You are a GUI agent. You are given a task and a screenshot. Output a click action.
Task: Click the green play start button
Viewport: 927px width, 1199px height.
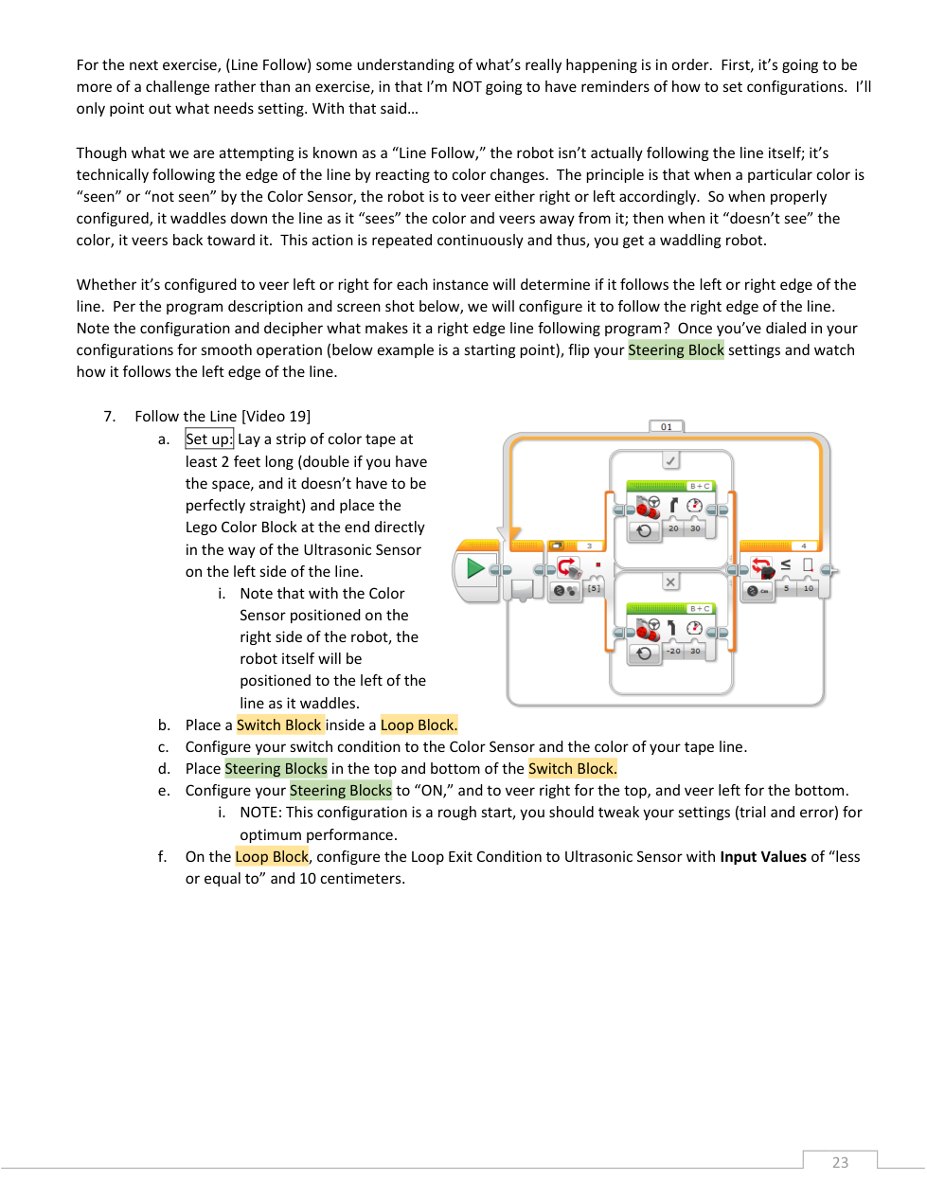coord(475,568)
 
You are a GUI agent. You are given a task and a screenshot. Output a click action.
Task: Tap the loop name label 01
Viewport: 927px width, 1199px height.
coord(667,427)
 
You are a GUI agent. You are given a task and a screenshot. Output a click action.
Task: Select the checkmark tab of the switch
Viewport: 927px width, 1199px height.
coord(670,460)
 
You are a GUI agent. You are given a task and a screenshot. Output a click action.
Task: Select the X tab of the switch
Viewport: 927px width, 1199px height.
coord(670,582)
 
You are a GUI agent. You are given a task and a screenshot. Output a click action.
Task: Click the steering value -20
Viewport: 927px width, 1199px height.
coord(673,652)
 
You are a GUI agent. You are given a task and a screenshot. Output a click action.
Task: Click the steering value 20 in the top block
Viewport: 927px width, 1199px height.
coord(673,528)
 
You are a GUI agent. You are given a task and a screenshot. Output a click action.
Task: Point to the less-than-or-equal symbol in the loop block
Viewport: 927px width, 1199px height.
coord(786,564)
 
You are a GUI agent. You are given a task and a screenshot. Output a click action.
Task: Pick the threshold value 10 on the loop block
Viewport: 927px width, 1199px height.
coord(809,588)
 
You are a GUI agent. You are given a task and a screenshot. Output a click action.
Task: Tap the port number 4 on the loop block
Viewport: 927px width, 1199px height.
coord(804,546)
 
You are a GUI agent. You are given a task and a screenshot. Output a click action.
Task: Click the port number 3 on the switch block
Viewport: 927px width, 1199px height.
coord(589,546)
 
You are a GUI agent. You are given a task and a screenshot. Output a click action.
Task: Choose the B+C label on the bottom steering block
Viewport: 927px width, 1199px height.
coord(700,609)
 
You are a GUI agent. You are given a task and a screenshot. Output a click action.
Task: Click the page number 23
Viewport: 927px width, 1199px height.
coord(840,1162)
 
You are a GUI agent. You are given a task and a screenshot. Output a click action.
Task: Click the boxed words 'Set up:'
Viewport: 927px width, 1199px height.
coord(209,438)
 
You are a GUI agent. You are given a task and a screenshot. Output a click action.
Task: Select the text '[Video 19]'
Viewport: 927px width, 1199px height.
coord(276,416)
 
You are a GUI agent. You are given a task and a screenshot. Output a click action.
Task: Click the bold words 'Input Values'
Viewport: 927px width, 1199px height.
coord(763,856)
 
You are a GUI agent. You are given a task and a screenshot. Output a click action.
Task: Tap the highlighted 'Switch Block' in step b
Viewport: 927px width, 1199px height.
coord(279,725)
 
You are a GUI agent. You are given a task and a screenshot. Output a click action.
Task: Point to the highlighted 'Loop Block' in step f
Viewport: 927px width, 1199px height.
coord(272,856)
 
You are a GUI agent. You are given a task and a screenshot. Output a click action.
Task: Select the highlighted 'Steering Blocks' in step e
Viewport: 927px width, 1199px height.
coord(341,790)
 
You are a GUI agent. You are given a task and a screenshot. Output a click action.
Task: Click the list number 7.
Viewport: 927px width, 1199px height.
coord(110,416)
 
